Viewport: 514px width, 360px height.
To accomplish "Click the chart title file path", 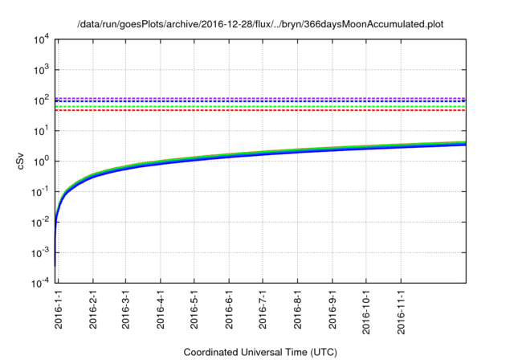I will pyautogui.click(x=260, y=24).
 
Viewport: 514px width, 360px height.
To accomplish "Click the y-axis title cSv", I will pyautogui.click(x=22, y=161).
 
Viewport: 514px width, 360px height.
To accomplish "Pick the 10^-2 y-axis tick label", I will pyautogui.click(x=40, y=223).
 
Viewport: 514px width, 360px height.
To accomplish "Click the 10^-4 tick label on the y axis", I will pyautogui.click(x=40, y=283).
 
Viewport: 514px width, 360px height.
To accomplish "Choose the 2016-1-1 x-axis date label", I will pyautogui.click(x=59, y=310).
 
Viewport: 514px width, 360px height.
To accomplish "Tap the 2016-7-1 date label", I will pyautogui.click(x=263, y=310).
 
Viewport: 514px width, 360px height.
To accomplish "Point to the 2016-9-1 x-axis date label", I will pyautogui.click(x=332, y=310).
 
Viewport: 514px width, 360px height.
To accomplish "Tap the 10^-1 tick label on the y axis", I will pyautogui.click(x=40, y=192).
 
